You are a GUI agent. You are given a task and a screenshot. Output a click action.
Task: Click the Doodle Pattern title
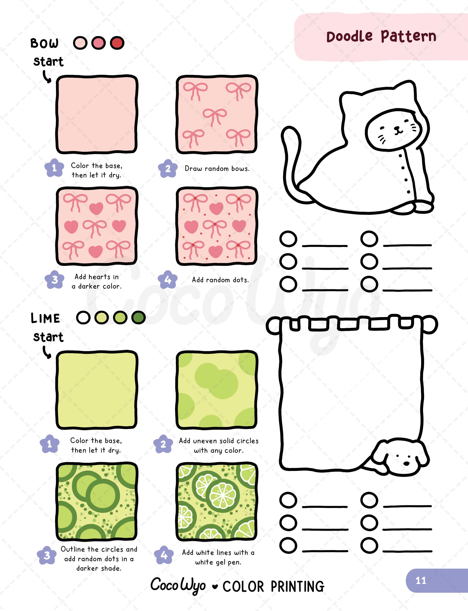381,37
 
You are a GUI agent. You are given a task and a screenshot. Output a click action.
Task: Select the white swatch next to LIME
83,318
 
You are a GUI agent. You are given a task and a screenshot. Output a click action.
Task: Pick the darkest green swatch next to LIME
139,318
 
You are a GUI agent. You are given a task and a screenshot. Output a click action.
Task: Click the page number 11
421,581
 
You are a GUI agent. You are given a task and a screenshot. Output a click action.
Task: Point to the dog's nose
407,463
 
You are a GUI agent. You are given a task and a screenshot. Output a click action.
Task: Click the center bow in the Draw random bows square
214,116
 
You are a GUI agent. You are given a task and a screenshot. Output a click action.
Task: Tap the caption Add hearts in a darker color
97,281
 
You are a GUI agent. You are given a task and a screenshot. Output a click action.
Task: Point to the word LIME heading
45,318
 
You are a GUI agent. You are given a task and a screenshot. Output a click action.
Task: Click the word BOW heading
44,43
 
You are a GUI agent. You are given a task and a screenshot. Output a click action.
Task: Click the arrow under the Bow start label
47,77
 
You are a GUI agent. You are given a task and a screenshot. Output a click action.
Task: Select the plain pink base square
97,114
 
